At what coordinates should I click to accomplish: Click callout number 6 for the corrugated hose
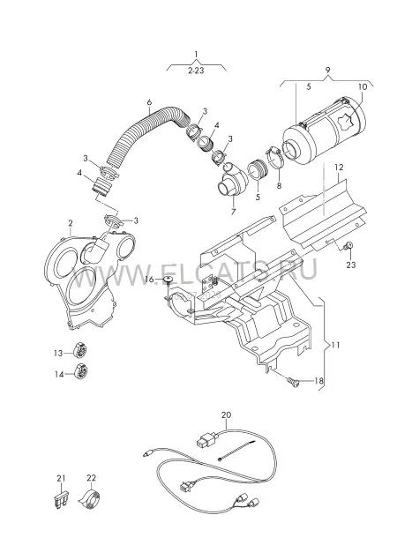pyautogui.click(x=149, y=102)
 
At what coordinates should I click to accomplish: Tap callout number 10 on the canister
pyautogui.click(x=363, y=86)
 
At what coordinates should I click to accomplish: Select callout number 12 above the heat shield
pyautogui.click(x=339, y=167)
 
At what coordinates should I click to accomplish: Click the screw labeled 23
pyautogui.click(x=348, y=246)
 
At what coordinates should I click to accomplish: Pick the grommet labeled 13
pyautogui.click(x=80, y=349)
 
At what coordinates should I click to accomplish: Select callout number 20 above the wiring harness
pyautogui.click(x=226, y=415)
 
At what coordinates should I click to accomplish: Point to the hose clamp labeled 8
pyautogui.click(x=274, y=158)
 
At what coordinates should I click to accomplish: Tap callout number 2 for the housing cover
pyautogui.click(x=71, y=223)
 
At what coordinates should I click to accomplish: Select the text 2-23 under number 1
pyautogui.click(x=196, y=71)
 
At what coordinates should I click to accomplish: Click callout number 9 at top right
pyautogui.click(x=327, y=70)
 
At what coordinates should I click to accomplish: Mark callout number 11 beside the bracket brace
pyautogui.click(x=335, y=345)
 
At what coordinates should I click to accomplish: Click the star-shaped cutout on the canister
pyautogui.click(x=347, y=122)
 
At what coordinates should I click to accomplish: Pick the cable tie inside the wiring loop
pyautogui.click(x=236, y=451)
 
